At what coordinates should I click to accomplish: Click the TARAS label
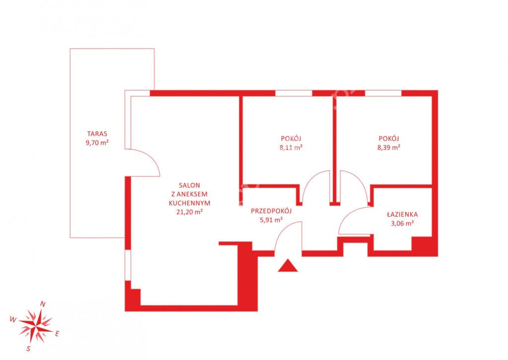(97, 134)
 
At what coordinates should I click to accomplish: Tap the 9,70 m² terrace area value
(97, 143)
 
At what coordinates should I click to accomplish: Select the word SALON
(190, 186)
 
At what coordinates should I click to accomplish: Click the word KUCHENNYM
(190, 204)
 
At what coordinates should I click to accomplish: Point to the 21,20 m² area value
(190, 212)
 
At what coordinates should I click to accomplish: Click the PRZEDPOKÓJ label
(271, 211)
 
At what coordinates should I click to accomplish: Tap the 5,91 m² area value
(271, 220)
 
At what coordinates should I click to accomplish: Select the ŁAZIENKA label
(402, 215)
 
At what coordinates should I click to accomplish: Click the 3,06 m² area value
(402, 223)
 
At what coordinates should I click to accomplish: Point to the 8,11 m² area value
(291, 147)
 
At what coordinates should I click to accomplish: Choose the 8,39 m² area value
(389, 147)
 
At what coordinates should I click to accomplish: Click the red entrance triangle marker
(288, 266)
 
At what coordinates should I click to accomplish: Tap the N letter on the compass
(43, 304)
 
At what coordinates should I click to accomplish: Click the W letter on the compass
(13, 319)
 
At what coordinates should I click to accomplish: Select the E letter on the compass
(57, 334)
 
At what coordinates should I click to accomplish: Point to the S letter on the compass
(28, 349)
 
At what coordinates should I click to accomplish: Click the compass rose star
(35, 326)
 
